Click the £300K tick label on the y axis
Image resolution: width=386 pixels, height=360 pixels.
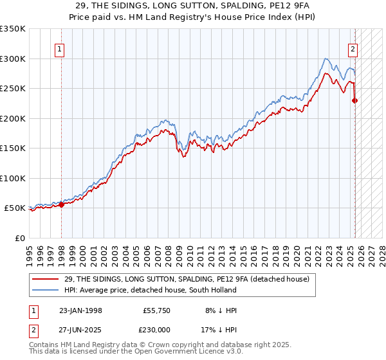(12, 59)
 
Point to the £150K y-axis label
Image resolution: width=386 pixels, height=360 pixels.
(12, 148)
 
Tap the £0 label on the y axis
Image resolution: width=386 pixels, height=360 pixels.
(19, 238)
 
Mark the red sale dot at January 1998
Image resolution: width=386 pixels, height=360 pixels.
(62, 204)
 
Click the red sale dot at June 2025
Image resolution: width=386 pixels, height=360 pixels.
(354, 100)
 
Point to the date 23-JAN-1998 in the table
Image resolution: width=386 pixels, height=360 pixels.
(81, 310)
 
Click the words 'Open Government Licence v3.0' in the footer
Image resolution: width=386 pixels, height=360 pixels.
(184, 353)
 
